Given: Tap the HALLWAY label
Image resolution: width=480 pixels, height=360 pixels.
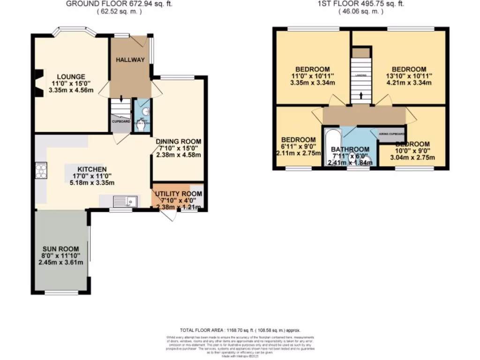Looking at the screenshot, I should tap(130, 60).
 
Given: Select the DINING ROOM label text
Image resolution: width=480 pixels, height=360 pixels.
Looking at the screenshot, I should tap(179, 142).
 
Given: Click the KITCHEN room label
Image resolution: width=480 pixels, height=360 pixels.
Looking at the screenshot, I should tap(92, 169).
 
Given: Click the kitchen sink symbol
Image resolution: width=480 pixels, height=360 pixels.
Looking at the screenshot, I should tap(125, 201).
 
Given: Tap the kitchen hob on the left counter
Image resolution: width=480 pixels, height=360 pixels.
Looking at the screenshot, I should tap(41, 170).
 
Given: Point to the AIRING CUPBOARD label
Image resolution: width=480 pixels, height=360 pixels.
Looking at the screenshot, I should tap(392, 133).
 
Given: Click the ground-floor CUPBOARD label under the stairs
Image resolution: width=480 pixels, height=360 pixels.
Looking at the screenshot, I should tap(121, 121).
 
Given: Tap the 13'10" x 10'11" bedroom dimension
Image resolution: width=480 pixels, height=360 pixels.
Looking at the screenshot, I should tap(409, 76).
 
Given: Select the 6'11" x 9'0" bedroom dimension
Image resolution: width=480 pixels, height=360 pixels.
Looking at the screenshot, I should tap(298, 147).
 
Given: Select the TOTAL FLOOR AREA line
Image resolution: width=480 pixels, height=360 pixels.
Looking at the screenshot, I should tap(240, 330).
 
